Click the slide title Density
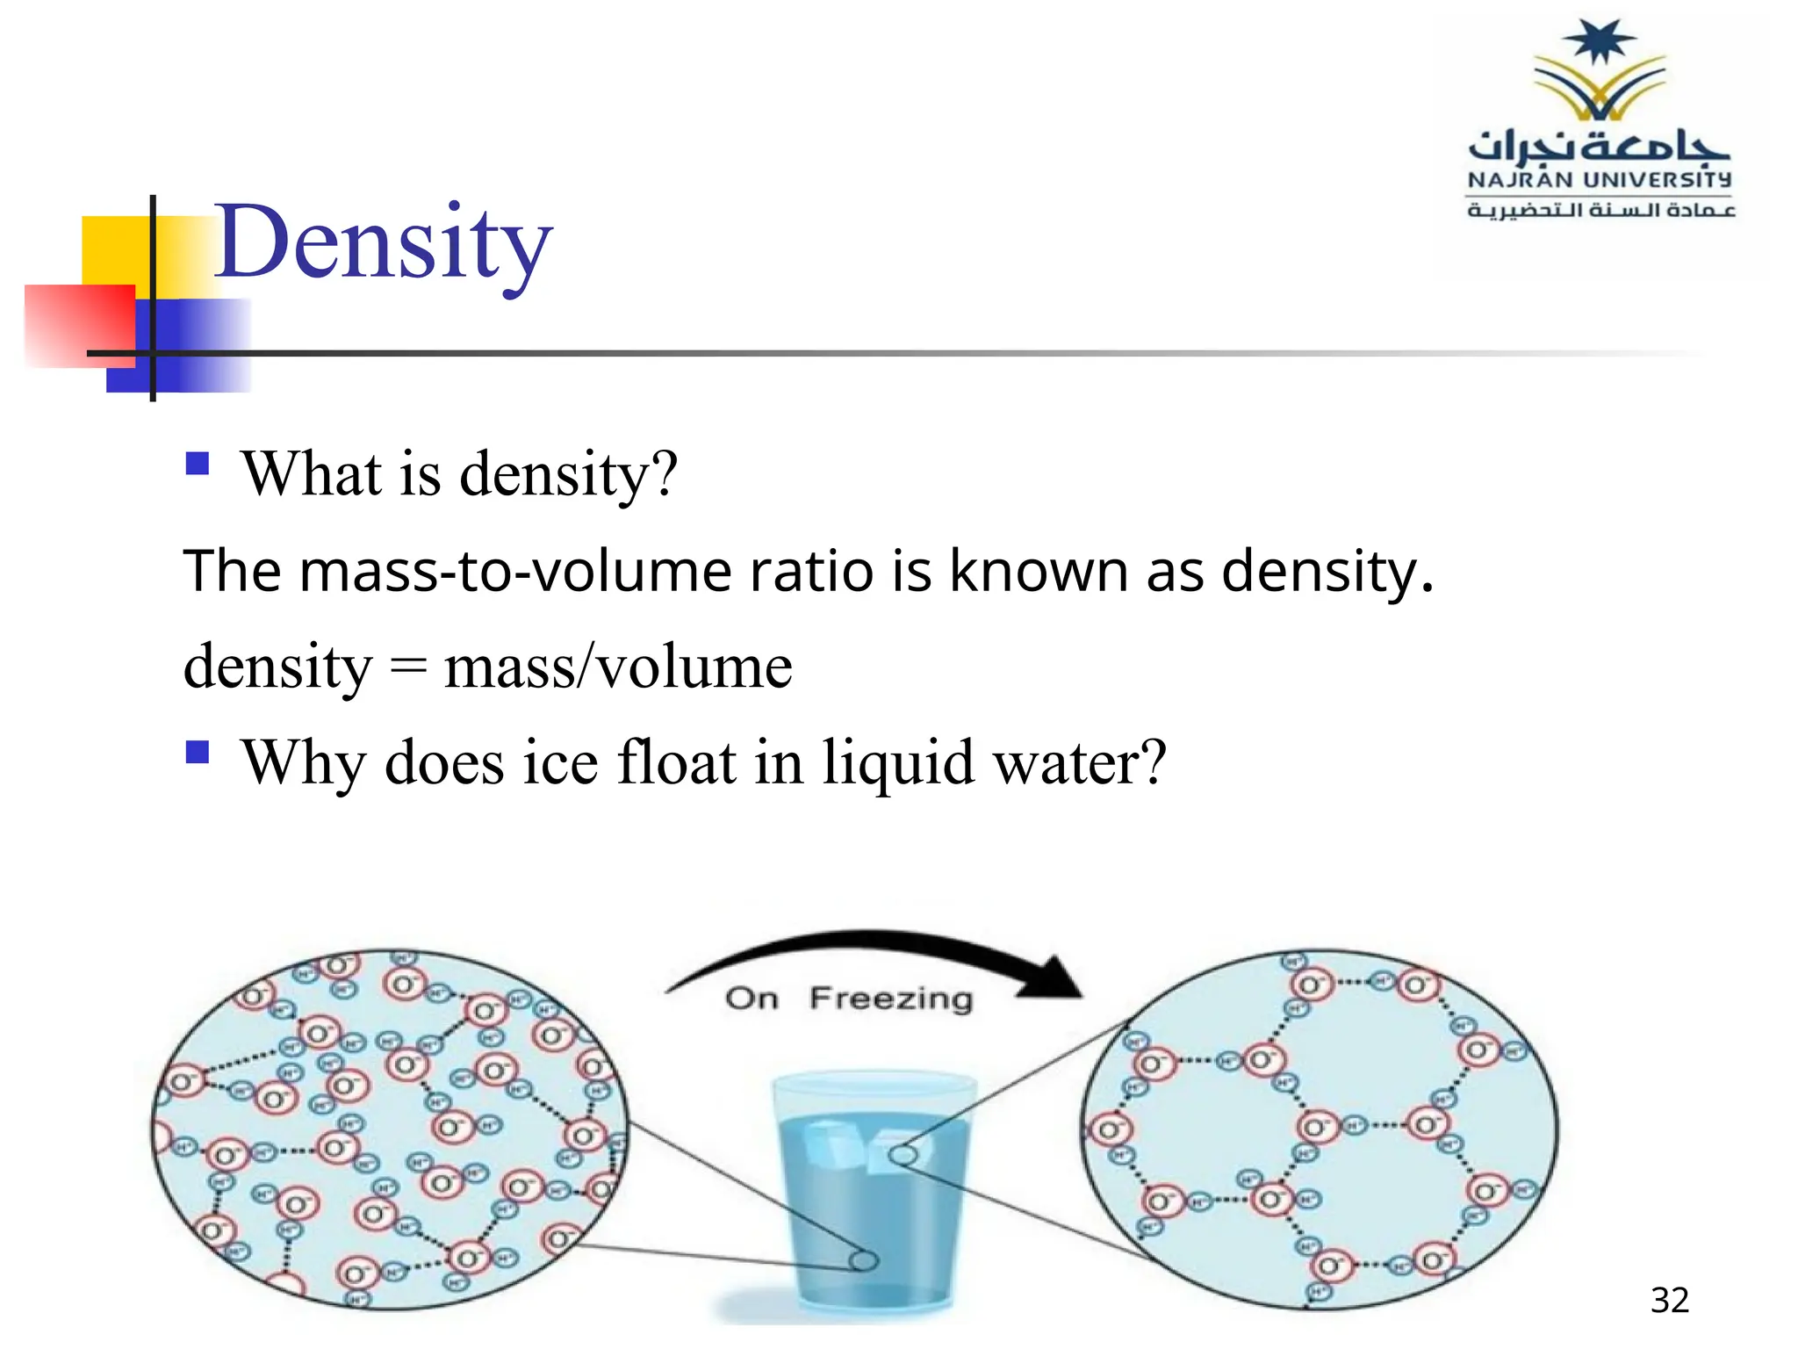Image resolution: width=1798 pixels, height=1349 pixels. coord(383,243)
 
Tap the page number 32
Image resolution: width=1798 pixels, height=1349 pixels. coord(1669,1301)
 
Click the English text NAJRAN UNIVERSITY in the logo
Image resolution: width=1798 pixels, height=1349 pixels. coord(1599,180)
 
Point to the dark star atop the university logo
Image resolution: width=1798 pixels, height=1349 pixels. coord(1600,42)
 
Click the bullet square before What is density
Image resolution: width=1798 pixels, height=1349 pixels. coord(198,463)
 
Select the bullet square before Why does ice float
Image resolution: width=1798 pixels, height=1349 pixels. coord(198,752)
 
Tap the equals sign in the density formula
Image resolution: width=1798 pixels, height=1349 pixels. coord(408,667)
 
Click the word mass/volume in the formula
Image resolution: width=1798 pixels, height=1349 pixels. coord(618,667)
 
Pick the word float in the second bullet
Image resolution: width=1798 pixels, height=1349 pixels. coord(676,761)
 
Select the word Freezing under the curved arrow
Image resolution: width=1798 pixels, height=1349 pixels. coord(891,999)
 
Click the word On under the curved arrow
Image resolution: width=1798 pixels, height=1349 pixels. coord(752,999)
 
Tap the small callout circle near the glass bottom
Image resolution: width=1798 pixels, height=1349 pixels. coord(863,1261)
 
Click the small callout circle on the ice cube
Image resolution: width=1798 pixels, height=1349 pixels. coord(903,1155)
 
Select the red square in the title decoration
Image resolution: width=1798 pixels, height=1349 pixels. coord(79,325)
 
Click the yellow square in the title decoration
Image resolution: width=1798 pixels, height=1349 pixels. coord(114,250)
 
